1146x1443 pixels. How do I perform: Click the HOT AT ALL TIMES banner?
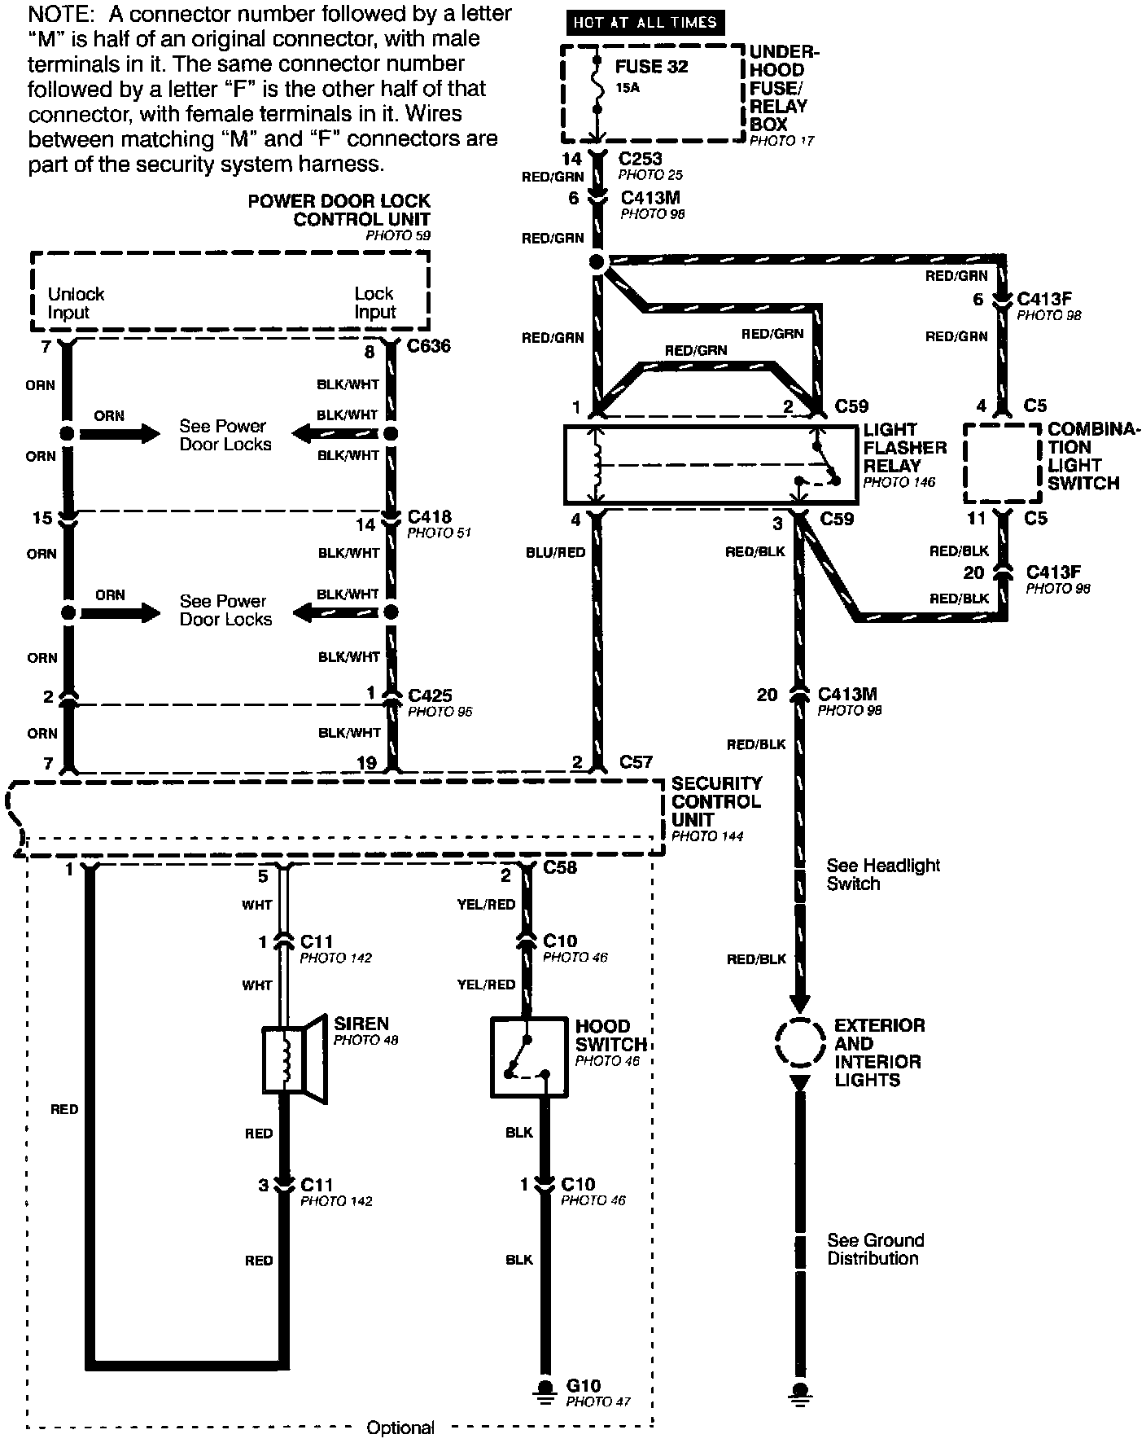[645, 23]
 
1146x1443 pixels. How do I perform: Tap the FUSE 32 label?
[651, 68]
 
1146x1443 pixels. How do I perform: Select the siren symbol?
[293, 1059]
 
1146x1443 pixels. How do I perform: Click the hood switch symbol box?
[529, 1057]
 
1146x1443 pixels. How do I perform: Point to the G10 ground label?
[583, 1386]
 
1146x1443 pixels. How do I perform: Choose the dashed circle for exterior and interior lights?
[800, 1042]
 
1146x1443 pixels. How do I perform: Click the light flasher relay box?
[711, 464]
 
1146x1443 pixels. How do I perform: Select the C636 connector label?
[429, 346]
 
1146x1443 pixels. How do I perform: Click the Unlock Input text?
[76, 303]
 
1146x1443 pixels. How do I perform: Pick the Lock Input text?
[374, 303]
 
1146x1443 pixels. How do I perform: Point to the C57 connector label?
[636, 762]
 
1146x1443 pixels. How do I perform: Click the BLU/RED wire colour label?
[556, 552]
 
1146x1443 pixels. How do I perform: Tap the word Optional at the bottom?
[400, 1428]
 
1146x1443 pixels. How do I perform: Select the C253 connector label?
[641, 159]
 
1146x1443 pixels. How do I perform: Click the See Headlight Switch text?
[882, 875]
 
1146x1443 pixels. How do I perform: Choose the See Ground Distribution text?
[875, 1249]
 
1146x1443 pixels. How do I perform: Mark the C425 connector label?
[430, 695]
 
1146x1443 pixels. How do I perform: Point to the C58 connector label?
[560, 868]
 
